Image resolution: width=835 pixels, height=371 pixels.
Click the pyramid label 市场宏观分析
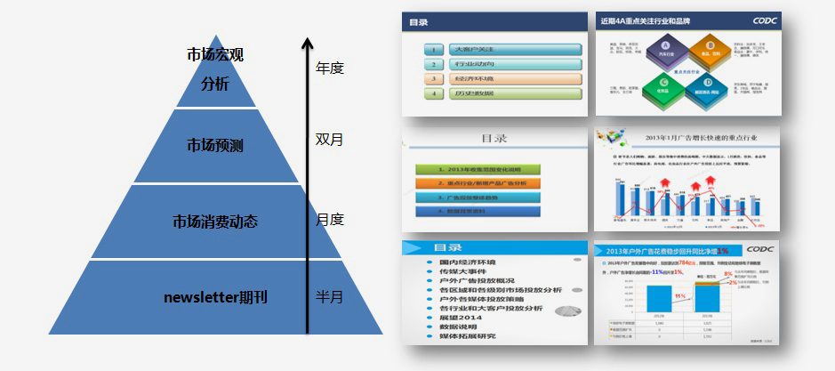pos(215,69)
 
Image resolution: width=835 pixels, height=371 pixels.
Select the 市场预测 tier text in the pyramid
pos(215,145)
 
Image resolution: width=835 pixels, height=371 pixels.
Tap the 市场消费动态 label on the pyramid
pos(214,221)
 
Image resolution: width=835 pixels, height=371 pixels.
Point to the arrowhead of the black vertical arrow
pos(307,41)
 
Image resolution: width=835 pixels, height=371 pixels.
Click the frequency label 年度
pos(330,68)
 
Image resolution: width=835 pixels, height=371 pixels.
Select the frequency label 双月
pos(330,140)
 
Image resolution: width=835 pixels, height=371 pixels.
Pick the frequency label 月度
pos(330,219)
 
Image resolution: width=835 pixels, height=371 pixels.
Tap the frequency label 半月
pos(330,296)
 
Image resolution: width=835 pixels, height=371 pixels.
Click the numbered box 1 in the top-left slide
pos(433,51)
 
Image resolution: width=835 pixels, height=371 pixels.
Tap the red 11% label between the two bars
pos(679,295)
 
